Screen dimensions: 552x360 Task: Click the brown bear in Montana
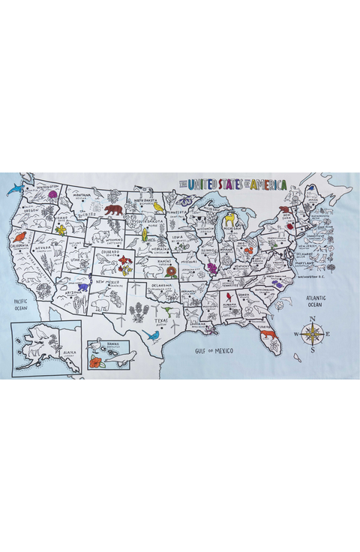coord(113,210)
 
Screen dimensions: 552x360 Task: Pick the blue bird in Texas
coord(153,335)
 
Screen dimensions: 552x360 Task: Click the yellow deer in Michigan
coord(230,220)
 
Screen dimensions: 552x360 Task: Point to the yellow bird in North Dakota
coord(157,207)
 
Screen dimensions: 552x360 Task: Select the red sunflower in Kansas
coord(172,271)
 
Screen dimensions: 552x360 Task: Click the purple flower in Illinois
coord(212,267)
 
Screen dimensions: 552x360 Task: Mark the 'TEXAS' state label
coord(158,320)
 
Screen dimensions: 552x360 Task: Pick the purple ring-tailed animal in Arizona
coord(82,286)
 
